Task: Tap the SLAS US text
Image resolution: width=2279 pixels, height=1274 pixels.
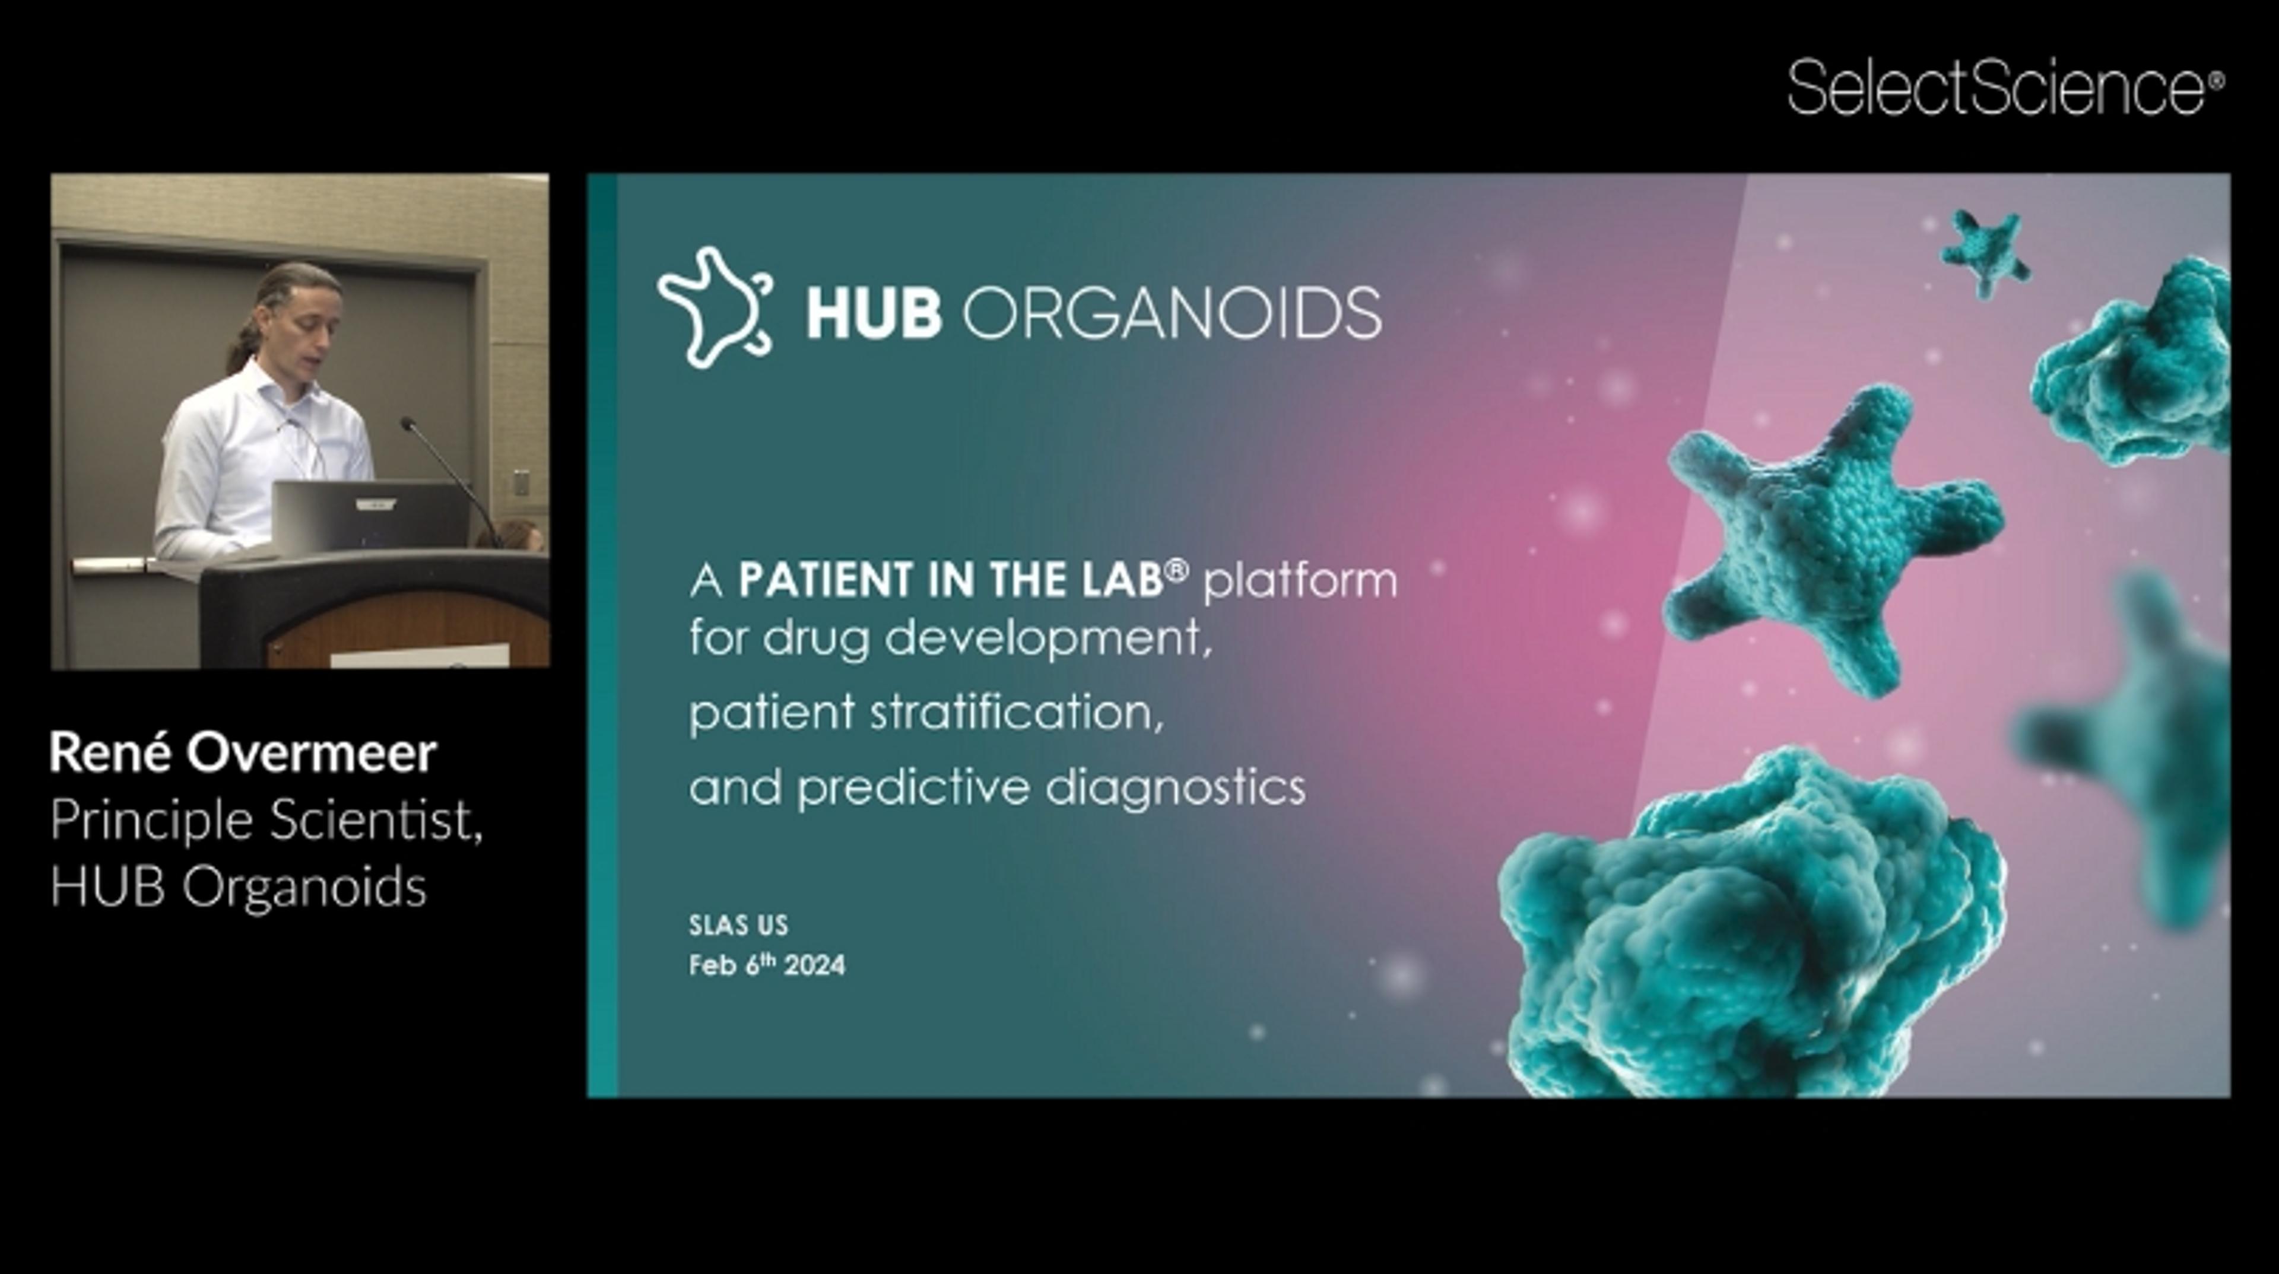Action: coord(738,926)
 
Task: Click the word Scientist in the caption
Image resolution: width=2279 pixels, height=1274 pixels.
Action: coord(376,820)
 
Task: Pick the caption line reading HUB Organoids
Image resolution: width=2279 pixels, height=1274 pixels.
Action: coord(239,887)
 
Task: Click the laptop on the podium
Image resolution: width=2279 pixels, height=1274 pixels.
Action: coord(370,516)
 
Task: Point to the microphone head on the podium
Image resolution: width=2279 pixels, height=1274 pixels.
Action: coord(408,423)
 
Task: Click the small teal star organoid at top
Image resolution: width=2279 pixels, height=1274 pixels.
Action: coord(1985,251)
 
